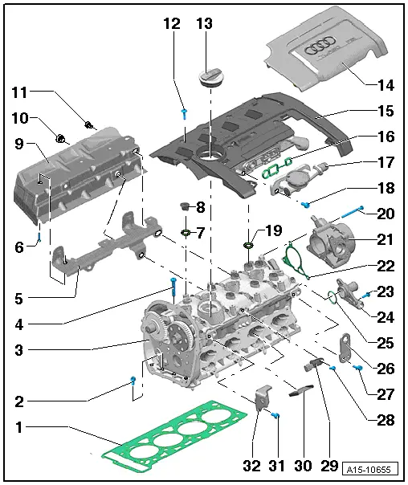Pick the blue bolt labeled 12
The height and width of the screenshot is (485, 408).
[x=184, y=112]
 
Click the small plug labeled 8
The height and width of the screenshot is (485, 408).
[x=184, y=208]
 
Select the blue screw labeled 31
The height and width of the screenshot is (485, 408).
[x=275, y=415]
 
